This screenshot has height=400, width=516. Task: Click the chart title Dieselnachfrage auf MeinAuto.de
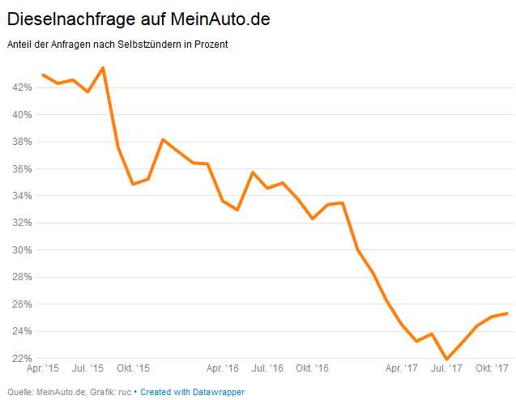pyautogui.click(x=139, y=18)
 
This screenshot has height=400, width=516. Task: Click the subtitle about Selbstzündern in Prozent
pyautogui.click(x=117, y=45)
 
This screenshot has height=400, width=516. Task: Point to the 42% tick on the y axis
pyautogui.click(x=21, y=87)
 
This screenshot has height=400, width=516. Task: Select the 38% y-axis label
pyautogui.click(x=21, y=142)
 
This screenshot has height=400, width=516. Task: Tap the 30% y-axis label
pyautogui.click(x=21, y=250)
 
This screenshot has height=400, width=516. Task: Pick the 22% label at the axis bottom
pyautogui.click(x=21, y=358)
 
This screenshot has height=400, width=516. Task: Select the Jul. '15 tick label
pyautogui.click(x=88, y=368)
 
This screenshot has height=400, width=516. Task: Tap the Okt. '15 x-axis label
pyautogui.click(x=134, y=368)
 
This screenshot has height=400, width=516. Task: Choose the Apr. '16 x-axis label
pyautogui.click(x=223, y=368)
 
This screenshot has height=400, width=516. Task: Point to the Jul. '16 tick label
pyautogui.click(x=267, y=368)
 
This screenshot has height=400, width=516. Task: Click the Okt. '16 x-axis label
pyautogui.click(x=312, y=368)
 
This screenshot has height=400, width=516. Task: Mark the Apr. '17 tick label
pyautogui.click(x=402, y=368)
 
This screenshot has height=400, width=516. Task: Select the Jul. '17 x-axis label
pyautogui.click(x=446, y=368)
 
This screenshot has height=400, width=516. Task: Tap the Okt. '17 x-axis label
pyautogui.click(x=491, y=368)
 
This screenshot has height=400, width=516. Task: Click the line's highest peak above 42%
pyautogui.click(x=103, y=67)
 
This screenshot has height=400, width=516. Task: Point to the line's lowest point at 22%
pyautogui.click(x=446, y=359)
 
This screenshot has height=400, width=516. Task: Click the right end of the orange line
pyautogui.click(x=507, y=313)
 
